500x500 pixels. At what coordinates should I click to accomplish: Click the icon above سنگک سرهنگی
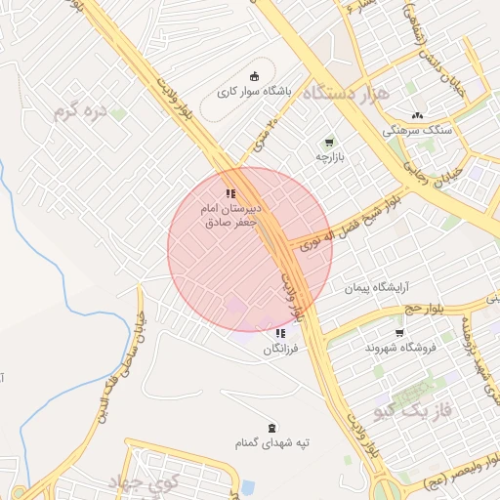click(419, 115)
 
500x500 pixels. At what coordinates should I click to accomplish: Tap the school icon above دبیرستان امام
click(230, 193)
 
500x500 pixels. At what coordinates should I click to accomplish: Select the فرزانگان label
click(280, 348)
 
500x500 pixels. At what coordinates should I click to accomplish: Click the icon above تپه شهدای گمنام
click(271, 428)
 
